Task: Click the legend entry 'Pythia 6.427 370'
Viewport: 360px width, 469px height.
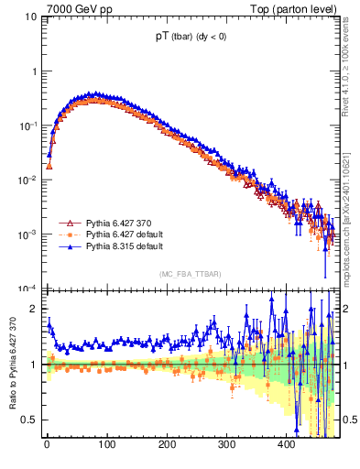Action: (x=118, y=223)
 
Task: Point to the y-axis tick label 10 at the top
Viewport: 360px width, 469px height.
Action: (x=31, y=16)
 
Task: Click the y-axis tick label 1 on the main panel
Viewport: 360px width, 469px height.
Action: (x=34, y=71)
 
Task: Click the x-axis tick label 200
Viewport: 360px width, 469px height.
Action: (x=166, y=445)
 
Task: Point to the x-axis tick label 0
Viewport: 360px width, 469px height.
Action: (x=47, y=445)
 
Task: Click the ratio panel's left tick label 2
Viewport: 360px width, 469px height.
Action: (x=34, y=309)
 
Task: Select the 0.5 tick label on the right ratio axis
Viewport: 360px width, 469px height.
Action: (x=350, y=420)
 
